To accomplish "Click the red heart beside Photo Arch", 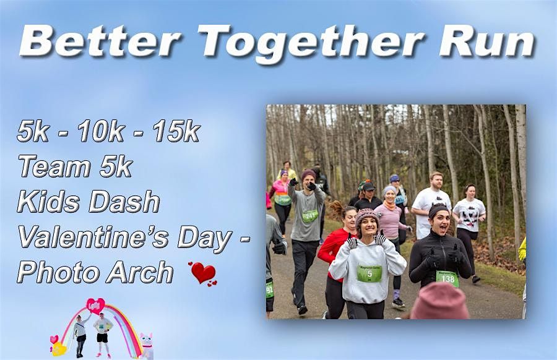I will click(204, 273).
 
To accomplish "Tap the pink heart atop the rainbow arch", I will click(95, 306).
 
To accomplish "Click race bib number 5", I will click(369, 273).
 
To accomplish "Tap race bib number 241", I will click(310, 215).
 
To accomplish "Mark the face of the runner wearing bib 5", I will click(368, 225).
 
